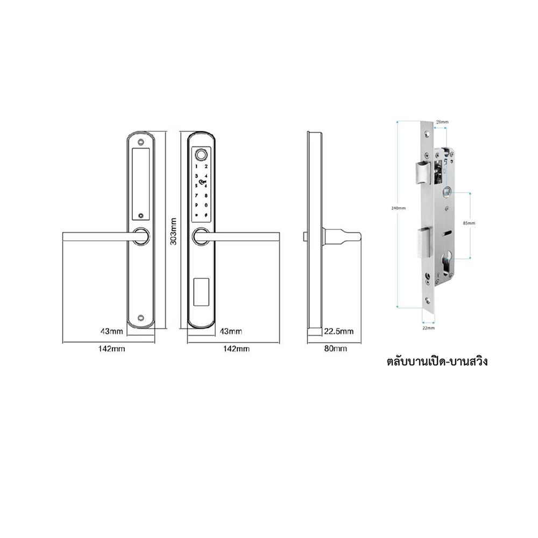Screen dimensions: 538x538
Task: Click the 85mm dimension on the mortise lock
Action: [469, 222]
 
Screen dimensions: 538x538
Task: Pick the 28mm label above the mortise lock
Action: [441, 122]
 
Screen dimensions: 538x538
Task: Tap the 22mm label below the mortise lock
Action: [428, 327]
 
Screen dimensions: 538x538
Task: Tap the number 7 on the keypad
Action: [196, 194]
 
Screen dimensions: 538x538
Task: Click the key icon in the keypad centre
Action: [201, 182]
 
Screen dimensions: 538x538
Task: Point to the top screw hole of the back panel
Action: [141, 143]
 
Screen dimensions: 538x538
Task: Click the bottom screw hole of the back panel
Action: [141, 318]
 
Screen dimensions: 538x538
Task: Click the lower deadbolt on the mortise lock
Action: [423, 242]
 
